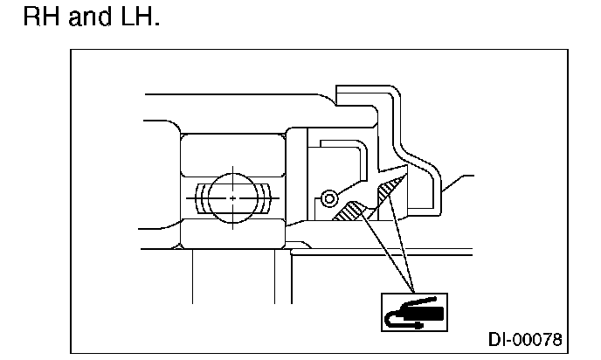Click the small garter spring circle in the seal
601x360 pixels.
[328, 200]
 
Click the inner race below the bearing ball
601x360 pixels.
[232, 232]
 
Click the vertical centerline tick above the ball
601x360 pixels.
[232, 168]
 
